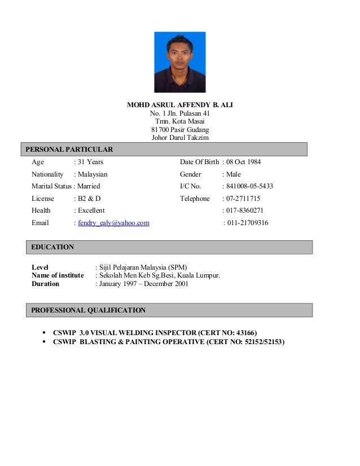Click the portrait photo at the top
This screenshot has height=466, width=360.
click(x=179, y=62)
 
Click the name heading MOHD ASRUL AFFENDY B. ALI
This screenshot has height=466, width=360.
click(x=180, y=105)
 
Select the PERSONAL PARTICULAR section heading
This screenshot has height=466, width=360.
click(x=67, y=150)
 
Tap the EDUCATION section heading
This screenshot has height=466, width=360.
click(x=52, y=247)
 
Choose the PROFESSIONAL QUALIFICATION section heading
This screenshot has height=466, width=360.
click(x=88, y=310)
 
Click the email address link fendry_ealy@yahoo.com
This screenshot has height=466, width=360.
click(x=113, y=223)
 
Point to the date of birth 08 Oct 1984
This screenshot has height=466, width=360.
click(x=242, y=162)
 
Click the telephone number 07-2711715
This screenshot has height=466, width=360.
click(x=242, y=199)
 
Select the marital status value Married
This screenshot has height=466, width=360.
click(x=89, y=187)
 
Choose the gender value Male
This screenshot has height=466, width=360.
click(x=232, y=175)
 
